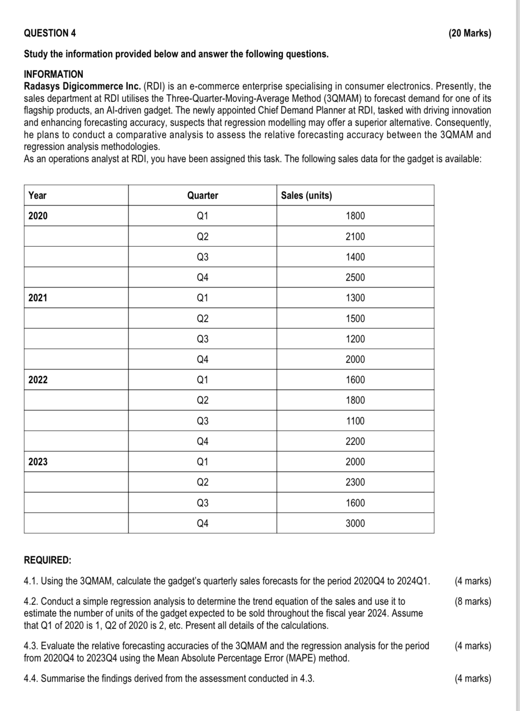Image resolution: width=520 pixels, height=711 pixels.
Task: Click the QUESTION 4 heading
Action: (50, 33)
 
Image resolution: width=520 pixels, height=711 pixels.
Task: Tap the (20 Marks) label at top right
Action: (470, 33)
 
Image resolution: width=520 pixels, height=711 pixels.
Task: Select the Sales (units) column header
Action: (306, 195)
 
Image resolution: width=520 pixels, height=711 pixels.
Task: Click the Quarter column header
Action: (203, 195)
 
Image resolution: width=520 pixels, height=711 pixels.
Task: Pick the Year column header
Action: (37, 195)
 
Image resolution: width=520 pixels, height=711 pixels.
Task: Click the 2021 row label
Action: (38, 298)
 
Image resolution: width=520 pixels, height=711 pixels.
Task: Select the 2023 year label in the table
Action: (38, 462)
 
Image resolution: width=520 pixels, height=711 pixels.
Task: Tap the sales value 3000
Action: (355, 523)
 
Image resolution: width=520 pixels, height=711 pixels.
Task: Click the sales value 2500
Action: (355, 277)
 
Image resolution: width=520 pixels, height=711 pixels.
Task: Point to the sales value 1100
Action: (355, 421)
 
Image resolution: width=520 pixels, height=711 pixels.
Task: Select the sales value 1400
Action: (355, 257)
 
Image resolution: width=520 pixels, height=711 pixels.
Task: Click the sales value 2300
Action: (355, 482)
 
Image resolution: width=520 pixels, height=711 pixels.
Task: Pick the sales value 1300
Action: (355, 298)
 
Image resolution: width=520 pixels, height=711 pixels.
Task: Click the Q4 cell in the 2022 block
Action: (203, 441)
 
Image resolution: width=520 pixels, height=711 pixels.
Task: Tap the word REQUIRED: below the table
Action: (47, 560)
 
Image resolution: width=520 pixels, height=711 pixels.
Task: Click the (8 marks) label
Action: (473, 601)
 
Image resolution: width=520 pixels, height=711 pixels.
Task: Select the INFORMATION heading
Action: (53, 74)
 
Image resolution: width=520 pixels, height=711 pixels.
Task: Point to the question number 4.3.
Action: (31, 646)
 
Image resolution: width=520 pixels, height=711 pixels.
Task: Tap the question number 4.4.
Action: (31, 678)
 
